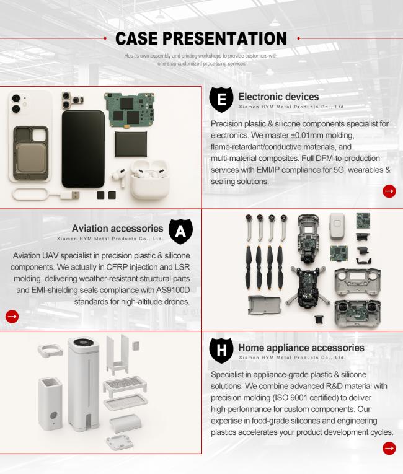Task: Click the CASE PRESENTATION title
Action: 201,38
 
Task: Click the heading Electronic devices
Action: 278,97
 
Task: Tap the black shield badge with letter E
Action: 221,100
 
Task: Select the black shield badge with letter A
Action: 180,231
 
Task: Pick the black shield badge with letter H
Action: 221,351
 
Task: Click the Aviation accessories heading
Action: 117,229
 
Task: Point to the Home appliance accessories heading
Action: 301,348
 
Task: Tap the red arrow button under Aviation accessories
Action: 12,316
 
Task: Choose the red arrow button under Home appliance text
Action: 389,448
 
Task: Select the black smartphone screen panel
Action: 83,148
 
